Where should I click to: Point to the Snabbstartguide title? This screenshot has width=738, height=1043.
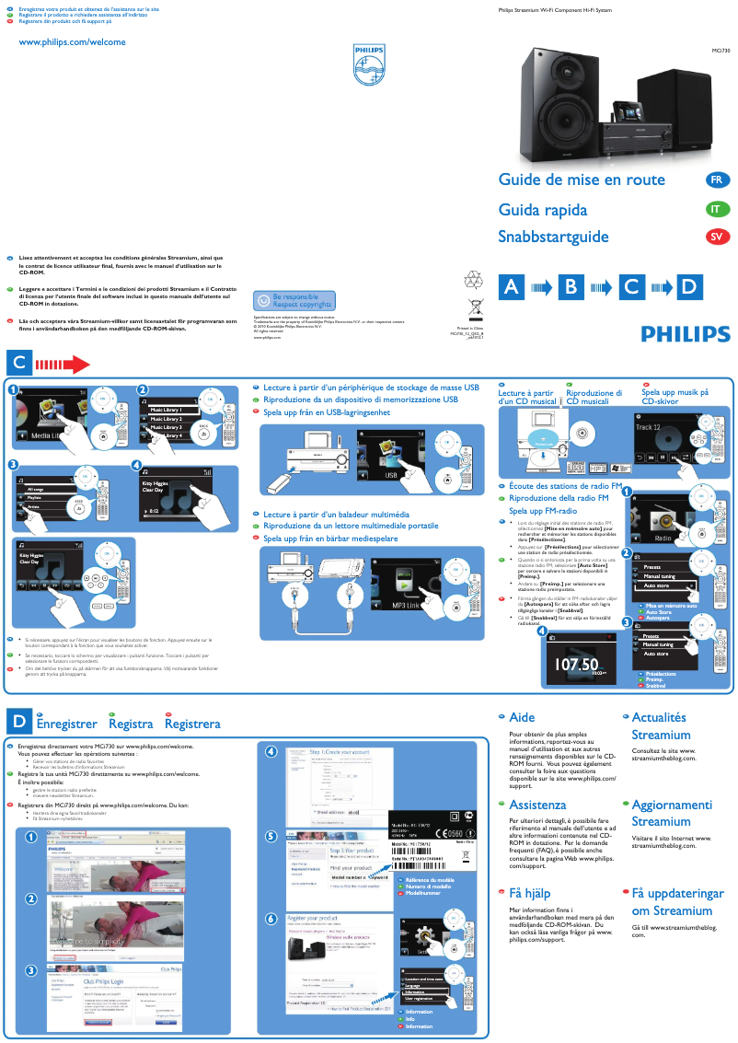click(553, 238)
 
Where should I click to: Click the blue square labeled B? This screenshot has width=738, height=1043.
click(571, 287)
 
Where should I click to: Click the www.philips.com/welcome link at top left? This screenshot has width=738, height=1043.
click(72, 42)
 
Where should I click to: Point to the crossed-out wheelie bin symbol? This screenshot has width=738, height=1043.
click(475, 308)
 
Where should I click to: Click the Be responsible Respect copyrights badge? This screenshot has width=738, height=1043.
click(294, 300)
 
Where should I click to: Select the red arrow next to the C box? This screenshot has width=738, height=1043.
click(61, 363)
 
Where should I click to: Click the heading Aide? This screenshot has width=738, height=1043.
click(522, 717)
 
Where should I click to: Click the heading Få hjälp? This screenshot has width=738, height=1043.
click(529, 893)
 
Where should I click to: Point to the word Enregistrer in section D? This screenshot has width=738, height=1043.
click(66, 724)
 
